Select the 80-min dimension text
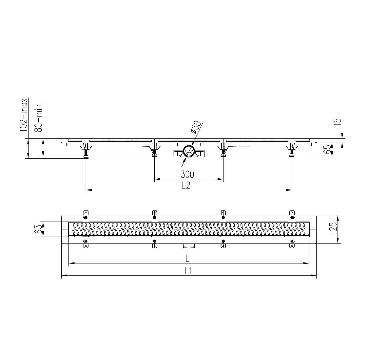point(39,118)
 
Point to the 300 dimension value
point(187,174)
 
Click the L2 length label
point(186,186)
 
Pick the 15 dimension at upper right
point(337,122)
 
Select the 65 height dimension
point(327,150)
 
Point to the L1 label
point(187,271)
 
